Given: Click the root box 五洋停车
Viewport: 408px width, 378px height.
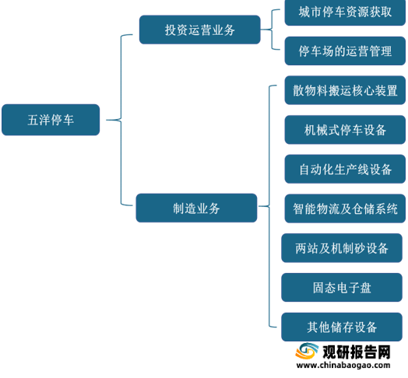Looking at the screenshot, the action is point(51,120).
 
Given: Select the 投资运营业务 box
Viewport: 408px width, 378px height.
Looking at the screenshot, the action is point(200,30).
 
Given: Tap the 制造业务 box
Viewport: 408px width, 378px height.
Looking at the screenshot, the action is point(196,208).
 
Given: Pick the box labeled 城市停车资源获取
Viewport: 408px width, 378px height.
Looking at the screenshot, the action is point(345,12).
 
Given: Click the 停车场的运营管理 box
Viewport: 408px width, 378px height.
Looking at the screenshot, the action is point(345,51).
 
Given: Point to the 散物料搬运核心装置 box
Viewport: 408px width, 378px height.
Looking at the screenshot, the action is point(345,90).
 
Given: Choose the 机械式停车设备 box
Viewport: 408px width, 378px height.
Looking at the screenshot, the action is point(345,130).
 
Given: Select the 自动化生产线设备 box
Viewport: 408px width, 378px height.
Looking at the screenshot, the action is point(345,169).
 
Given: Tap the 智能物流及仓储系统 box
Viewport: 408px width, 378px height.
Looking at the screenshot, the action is point(345,208).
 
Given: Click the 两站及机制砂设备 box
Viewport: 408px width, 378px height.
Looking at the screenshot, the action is point(342,248).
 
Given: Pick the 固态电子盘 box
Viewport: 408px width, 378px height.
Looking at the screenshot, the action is point(342,288).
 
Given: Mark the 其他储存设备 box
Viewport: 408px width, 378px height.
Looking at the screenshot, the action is point(342,327).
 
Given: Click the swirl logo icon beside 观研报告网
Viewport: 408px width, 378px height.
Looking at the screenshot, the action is point(307,352).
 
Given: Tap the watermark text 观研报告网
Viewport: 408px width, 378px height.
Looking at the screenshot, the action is point(357,352).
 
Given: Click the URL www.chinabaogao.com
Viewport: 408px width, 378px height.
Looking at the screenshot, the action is point(343,366).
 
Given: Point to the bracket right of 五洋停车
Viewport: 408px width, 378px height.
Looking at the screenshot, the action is point(121,120).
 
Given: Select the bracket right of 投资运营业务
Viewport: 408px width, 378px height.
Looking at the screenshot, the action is point(273,30).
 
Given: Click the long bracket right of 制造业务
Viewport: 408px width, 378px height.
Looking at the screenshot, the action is point(269,206).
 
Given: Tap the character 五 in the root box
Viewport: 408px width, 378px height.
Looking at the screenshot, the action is point(33,120).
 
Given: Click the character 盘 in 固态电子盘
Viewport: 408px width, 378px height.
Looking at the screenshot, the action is point(366,288).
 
